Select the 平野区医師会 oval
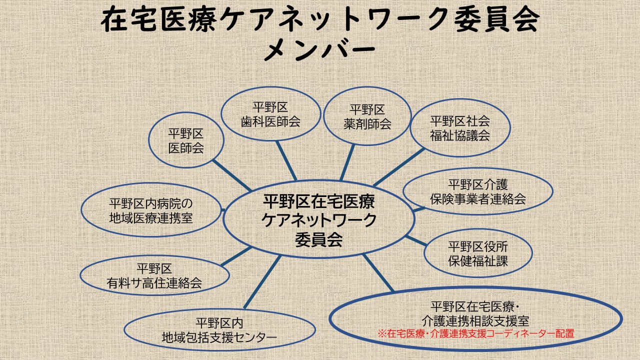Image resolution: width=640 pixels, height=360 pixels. coord(186,140)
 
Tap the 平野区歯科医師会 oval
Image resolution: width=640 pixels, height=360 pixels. coord(270,114)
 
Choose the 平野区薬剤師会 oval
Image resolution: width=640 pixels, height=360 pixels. coord(367,116)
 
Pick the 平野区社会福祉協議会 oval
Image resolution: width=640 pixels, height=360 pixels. coord(460,128)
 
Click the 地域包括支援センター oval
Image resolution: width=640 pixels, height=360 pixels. coord(219,330)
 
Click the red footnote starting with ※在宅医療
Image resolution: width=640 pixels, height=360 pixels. coord(475,333)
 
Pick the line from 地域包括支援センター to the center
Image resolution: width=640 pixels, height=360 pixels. coord(261,281)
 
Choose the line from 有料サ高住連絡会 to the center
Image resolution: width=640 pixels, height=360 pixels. coord(235,256)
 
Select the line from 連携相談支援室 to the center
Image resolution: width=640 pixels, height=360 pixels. coord(378,273)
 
